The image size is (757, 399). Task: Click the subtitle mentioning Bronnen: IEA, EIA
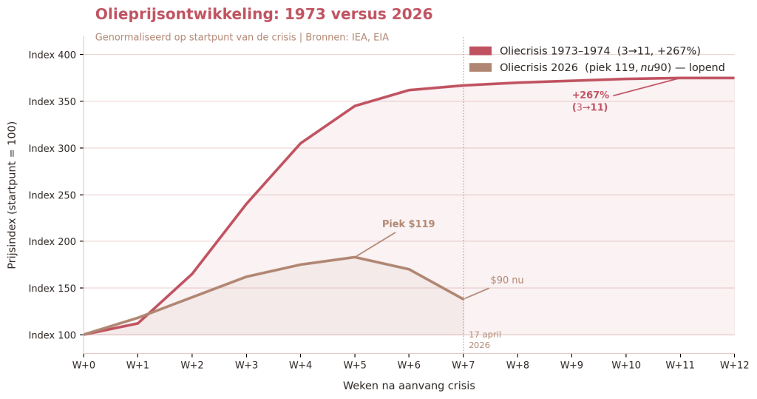[242, 38]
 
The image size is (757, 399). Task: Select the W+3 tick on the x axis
[246, 364]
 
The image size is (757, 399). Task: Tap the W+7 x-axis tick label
[464, 364]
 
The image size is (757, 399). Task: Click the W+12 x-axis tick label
[733, 364]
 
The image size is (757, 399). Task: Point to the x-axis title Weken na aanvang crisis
[409, 386]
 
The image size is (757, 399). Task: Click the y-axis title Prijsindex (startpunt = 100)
[13, 195]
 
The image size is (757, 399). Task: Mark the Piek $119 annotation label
[408, 224]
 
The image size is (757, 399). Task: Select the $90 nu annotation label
[506, 281]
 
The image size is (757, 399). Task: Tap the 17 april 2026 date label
[484, 340]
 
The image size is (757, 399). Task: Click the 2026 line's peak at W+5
[355, 257]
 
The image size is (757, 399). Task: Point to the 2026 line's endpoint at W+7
[464, 299]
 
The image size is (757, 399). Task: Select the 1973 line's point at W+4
[300, 144]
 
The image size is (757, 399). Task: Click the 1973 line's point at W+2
[192, 274]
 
